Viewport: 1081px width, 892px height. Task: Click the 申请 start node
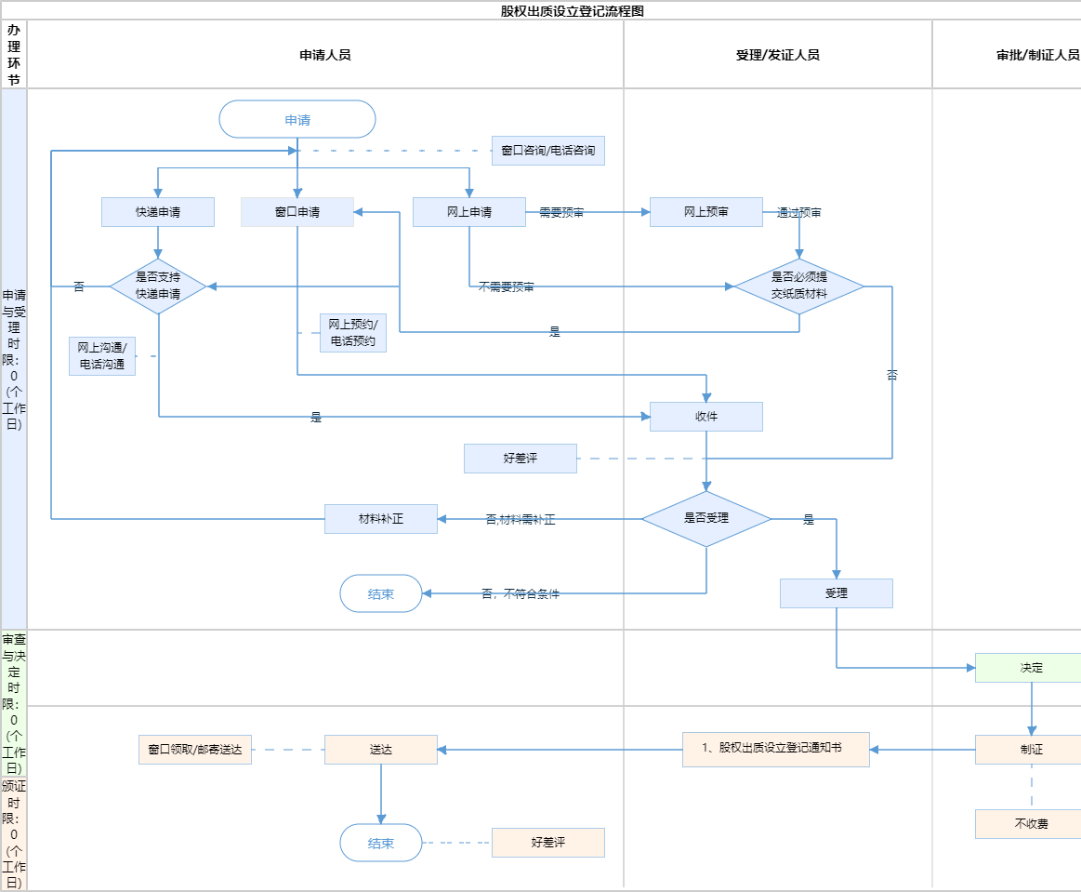(297, 119)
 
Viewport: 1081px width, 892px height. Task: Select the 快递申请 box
(158, 212)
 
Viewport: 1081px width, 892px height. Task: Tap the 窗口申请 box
(297, 212)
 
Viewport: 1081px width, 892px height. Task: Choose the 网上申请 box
(469, 212)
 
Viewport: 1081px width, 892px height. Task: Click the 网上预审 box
(706, 212)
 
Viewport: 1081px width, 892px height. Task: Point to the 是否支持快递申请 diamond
(158, 286)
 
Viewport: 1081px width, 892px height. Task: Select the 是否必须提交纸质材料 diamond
(799, 286)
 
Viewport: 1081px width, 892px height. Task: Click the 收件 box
(706, 417)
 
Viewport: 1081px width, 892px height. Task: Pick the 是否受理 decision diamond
(706, 519)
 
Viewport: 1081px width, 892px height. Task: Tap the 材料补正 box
(381, 519)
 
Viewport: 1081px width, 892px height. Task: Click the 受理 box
(837, 593)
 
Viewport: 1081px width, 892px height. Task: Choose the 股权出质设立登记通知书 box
(776, 749)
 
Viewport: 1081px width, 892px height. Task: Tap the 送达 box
(381, 750)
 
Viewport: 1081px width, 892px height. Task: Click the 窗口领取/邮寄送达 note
(195, 750)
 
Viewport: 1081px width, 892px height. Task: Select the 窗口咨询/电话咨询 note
(548, 151)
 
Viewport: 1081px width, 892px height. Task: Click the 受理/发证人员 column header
(777, 55)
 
